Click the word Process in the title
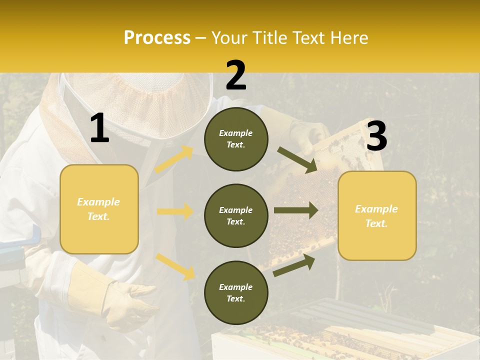pyautogui.click(x=157, y=38)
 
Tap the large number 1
pyautogui.click(x=99, y=128)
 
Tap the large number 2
pyautogui.click(x=236, y=75)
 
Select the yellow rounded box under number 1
pyautogui.click(x=99, y=209)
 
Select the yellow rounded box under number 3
pyautogui.click(x=377, y=215)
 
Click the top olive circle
pyautogui.click(x=236, y=139)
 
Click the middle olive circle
pyautogui.click(x=236, y=215)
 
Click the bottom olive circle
pyautogui.click(x=236, y=292)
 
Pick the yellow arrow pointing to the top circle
pyautogui.click(x=174, y=159)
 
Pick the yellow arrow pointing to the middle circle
pyautogui.click(x=175, y=211)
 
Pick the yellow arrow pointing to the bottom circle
pyautogui.click(x=175, y=266)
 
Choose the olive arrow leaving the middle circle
pyautogui.click(x=296, y=210)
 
